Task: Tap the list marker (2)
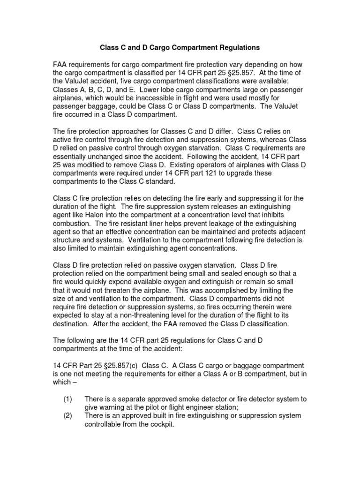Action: [68, 416]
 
